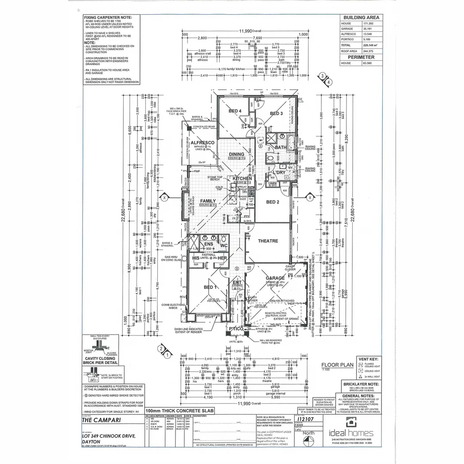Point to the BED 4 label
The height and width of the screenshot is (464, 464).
point(235,111)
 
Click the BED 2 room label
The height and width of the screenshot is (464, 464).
point(273,201)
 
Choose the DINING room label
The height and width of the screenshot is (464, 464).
point(236,154)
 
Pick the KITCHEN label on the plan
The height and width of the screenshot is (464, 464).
point(242,178)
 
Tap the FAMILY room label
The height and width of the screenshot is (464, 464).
point(208,201)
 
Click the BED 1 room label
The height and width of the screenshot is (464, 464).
point(210,287)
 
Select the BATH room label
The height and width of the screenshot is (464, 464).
point(281,147)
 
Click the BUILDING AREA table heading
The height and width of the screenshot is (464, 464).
point(360,18)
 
